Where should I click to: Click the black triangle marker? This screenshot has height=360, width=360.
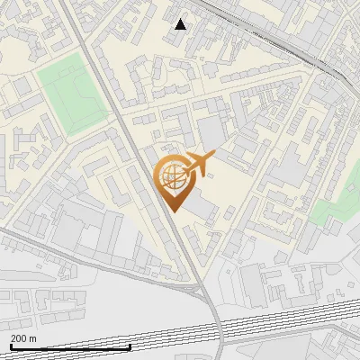pos(181,24)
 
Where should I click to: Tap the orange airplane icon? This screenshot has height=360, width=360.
pos(197,164)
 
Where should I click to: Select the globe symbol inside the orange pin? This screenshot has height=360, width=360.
pos(171,177)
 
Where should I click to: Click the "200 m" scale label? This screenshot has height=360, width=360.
pos(23,338)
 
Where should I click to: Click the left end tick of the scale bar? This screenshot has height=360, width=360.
pos(10,346)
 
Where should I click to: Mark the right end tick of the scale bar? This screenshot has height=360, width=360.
pos(130,346)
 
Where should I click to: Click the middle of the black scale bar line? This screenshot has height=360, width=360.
pos(70,347)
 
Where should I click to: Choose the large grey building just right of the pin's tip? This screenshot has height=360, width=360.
pos(200,210)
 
